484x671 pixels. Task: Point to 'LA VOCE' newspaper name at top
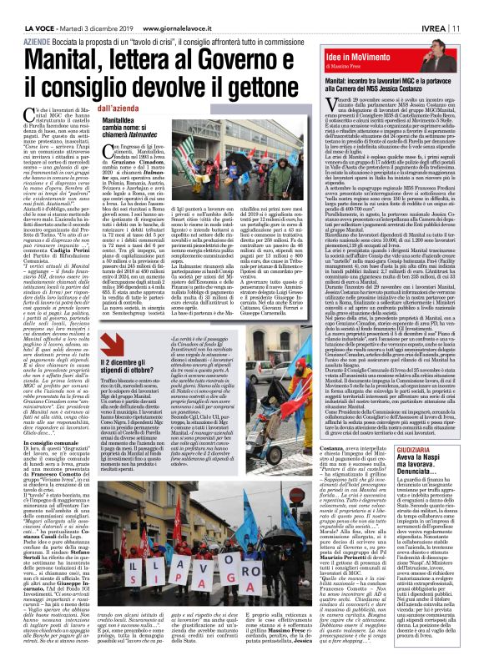[x=24, y=8]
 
